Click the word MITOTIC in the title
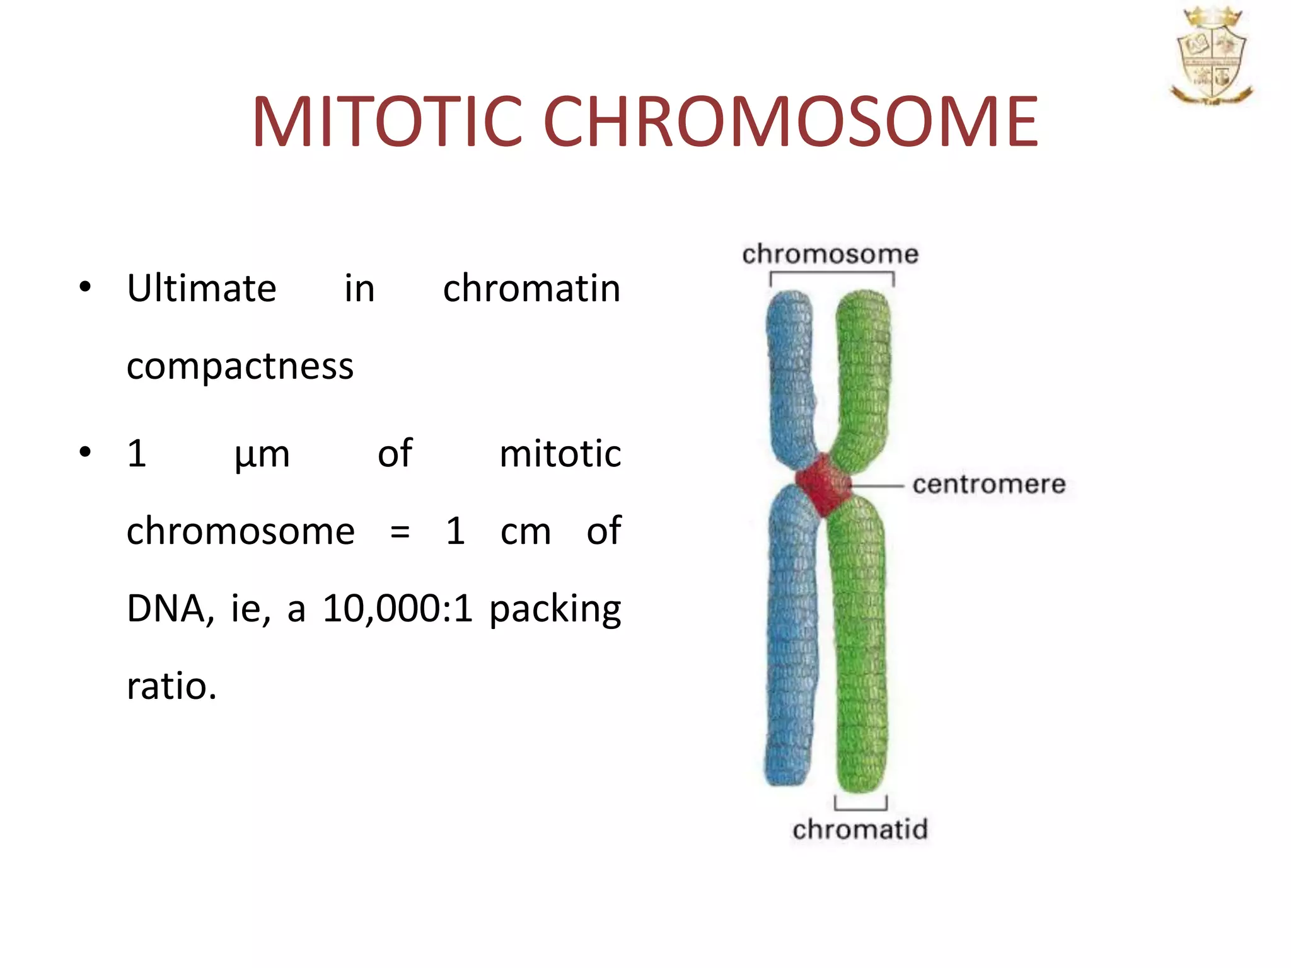[x=386, y=122]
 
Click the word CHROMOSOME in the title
[x=790, y=122]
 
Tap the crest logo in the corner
[x=1211, y=57]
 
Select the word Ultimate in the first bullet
[x=201, y=289]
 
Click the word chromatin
[x=531, y=289]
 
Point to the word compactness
[x=240, y=366]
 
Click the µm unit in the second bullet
[x=262, y=454]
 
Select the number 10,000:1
[x=397, y=609]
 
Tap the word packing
[x=555, y=610]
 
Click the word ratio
[x=171, y=686]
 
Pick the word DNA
[x=166, y=609]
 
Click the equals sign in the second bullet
[x=400, y=532]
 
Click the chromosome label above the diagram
[x=830, y=255]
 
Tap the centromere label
[x=988, y=485]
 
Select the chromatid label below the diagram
[x=860, y=829]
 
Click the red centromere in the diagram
[x=822, y=484]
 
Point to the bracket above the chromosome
[x=831, y=274]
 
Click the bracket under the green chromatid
[x=860, y=807]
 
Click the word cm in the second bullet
[x=525, y=532]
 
